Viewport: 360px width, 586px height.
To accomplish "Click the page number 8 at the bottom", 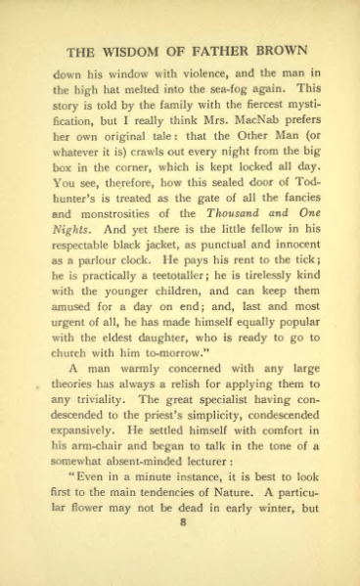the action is [x=181, y=548].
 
